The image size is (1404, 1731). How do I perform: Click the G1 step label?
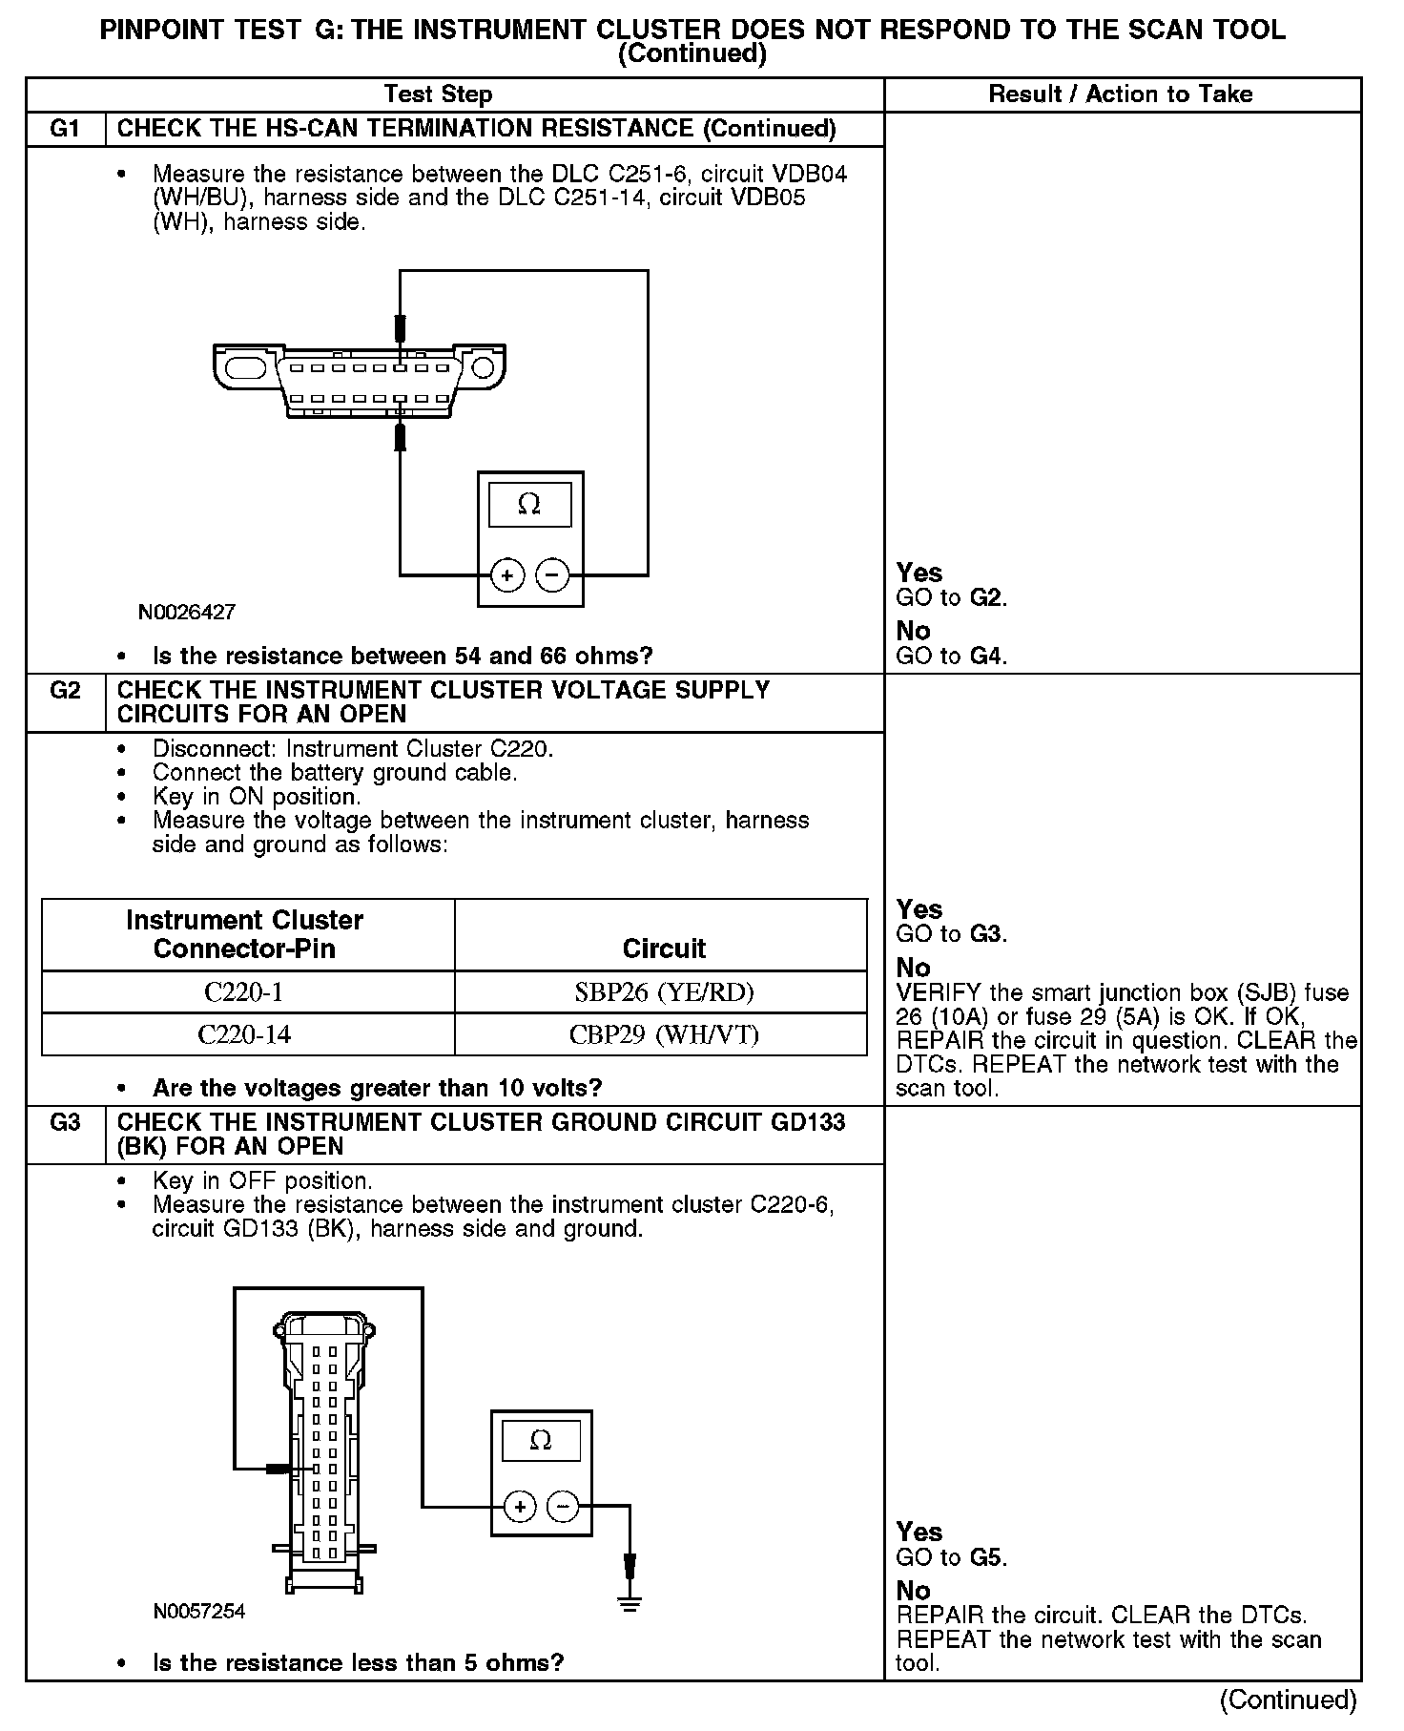click(x=64, y=129)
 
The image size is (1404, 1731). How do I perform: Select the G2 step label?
click(x=64, y=690)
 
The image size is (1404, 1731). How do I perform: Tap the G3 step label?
click(x=64, y=1122)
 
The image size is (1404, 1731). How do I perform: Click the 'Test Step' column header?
click(x=438, y=94)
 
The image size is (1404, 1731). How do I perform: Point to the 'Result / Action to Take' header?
click(x=1120, y=94)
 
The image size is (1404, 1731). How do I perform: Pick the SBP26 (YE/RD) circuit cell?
click(x=664, y=992)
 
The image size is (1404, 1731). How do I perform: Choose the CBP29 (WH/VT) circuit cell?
click(x=664, y=1034)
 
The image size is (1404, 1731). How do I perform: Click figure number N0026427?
click(x=187, y=613)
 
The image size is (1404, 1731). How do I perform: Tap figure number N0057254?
click(x=199, y=1611)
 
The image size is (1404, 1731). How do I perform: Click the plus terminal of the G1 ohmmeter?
click(x=507, y=575)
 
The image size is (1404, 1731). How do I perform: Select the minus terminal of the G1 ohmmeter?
click(x=553, y=575)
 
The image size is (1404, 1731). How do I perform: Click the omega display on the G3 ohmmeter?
click(x=540, y=1440)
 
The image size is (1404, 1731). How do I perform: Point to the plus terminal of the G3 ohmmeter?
click(x=520, y=1507)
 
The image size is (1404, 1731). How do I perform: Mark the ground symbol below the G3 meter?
click(x=630, y=1604)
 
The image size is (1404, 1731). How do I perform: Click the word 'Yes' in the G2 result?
click(x=919, y=909)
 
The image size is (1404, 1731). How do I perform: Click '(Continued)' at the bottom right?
click(x=1287, y=1700)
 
